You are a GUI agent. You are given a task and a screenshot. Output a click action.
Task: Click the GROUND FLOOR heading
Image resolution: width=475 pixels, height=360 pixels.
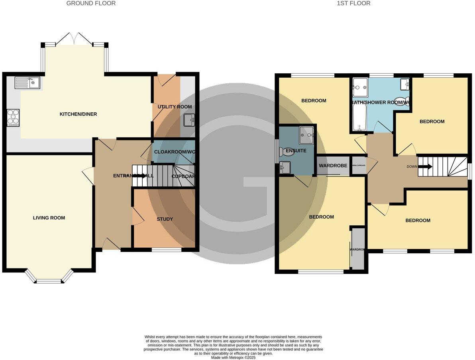91,4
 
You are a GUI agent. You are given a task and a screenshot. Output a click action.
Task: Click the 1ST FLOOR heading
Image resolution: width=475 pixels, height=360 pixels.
353,4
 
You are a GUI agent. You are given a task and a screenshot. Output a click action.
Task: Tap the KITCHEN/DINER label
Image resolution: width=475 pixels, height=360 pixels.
78,114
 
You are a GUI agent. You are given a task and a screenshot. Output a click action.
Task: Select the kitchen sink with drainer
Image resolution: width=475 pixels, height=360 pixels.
27,83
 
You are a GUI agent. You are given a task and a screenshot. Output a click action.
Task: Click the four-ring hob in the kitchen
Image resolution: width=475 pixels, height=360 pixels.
13,117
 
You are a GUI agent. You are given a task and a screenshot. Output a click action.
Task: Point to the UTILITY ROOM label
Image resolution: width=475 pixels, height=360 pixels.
175,107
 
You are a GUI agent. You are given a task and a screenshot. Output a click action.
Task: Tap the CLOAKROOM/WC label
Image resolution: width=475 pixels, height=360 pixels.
174,152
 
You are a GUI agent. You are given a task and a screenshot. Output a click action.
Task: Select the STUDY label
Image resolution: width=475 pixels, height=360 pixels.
165,219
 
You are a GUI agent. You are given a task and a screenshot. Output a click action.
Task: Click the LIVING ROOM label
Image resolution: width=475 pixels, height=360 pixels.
49,218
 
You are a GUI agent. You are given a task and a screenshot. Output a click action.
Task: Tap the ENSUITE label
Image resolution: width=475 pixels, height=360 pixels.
296,151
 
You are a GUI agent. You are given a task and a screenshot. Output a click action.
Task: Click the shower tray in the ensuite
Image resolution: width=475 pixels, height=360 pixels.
306,135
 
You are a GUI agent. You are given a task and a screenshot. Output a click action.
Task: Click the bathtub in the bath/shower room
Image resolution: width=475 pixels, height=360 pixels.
359,116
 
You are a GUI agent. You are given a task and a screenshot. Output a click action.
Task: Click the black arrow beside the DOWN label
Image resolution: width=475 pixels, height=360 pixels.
425,166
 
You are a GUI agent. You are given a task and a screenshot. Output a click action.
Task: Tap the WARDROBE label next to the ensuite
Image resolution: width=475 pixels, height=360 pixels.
333,166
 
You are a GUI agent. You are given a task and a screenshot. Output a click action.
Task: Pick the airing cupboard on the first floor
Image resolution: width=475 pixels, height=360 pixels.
358,166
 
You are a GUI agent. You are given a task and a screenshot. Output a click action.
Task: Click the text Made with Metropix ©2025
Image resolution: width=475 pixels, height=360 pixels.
233,358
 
